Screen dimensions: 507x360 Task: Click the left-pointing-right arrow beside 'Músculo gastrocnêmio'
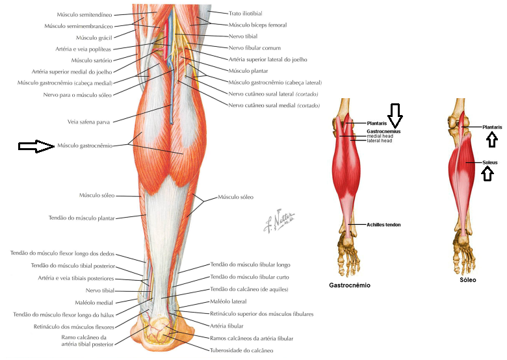pos(35,146)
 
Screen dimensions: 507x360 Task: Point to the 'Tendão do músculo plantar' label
pos(81,218)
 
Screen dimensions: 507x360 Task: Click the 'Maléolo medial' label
pos(96,302)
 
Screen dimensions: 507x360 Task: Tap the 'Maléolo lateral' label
pos(228,302)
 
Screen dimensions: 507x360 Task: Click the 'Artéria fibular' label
pos(227,325)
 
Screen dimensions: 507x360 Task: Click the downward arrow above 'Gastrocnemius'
pos(395,115)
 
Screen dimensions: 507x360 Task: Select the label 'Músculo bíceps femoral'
pos(258,25)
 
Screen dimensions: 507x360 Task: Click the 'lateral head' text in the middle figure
pos(379,140)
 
